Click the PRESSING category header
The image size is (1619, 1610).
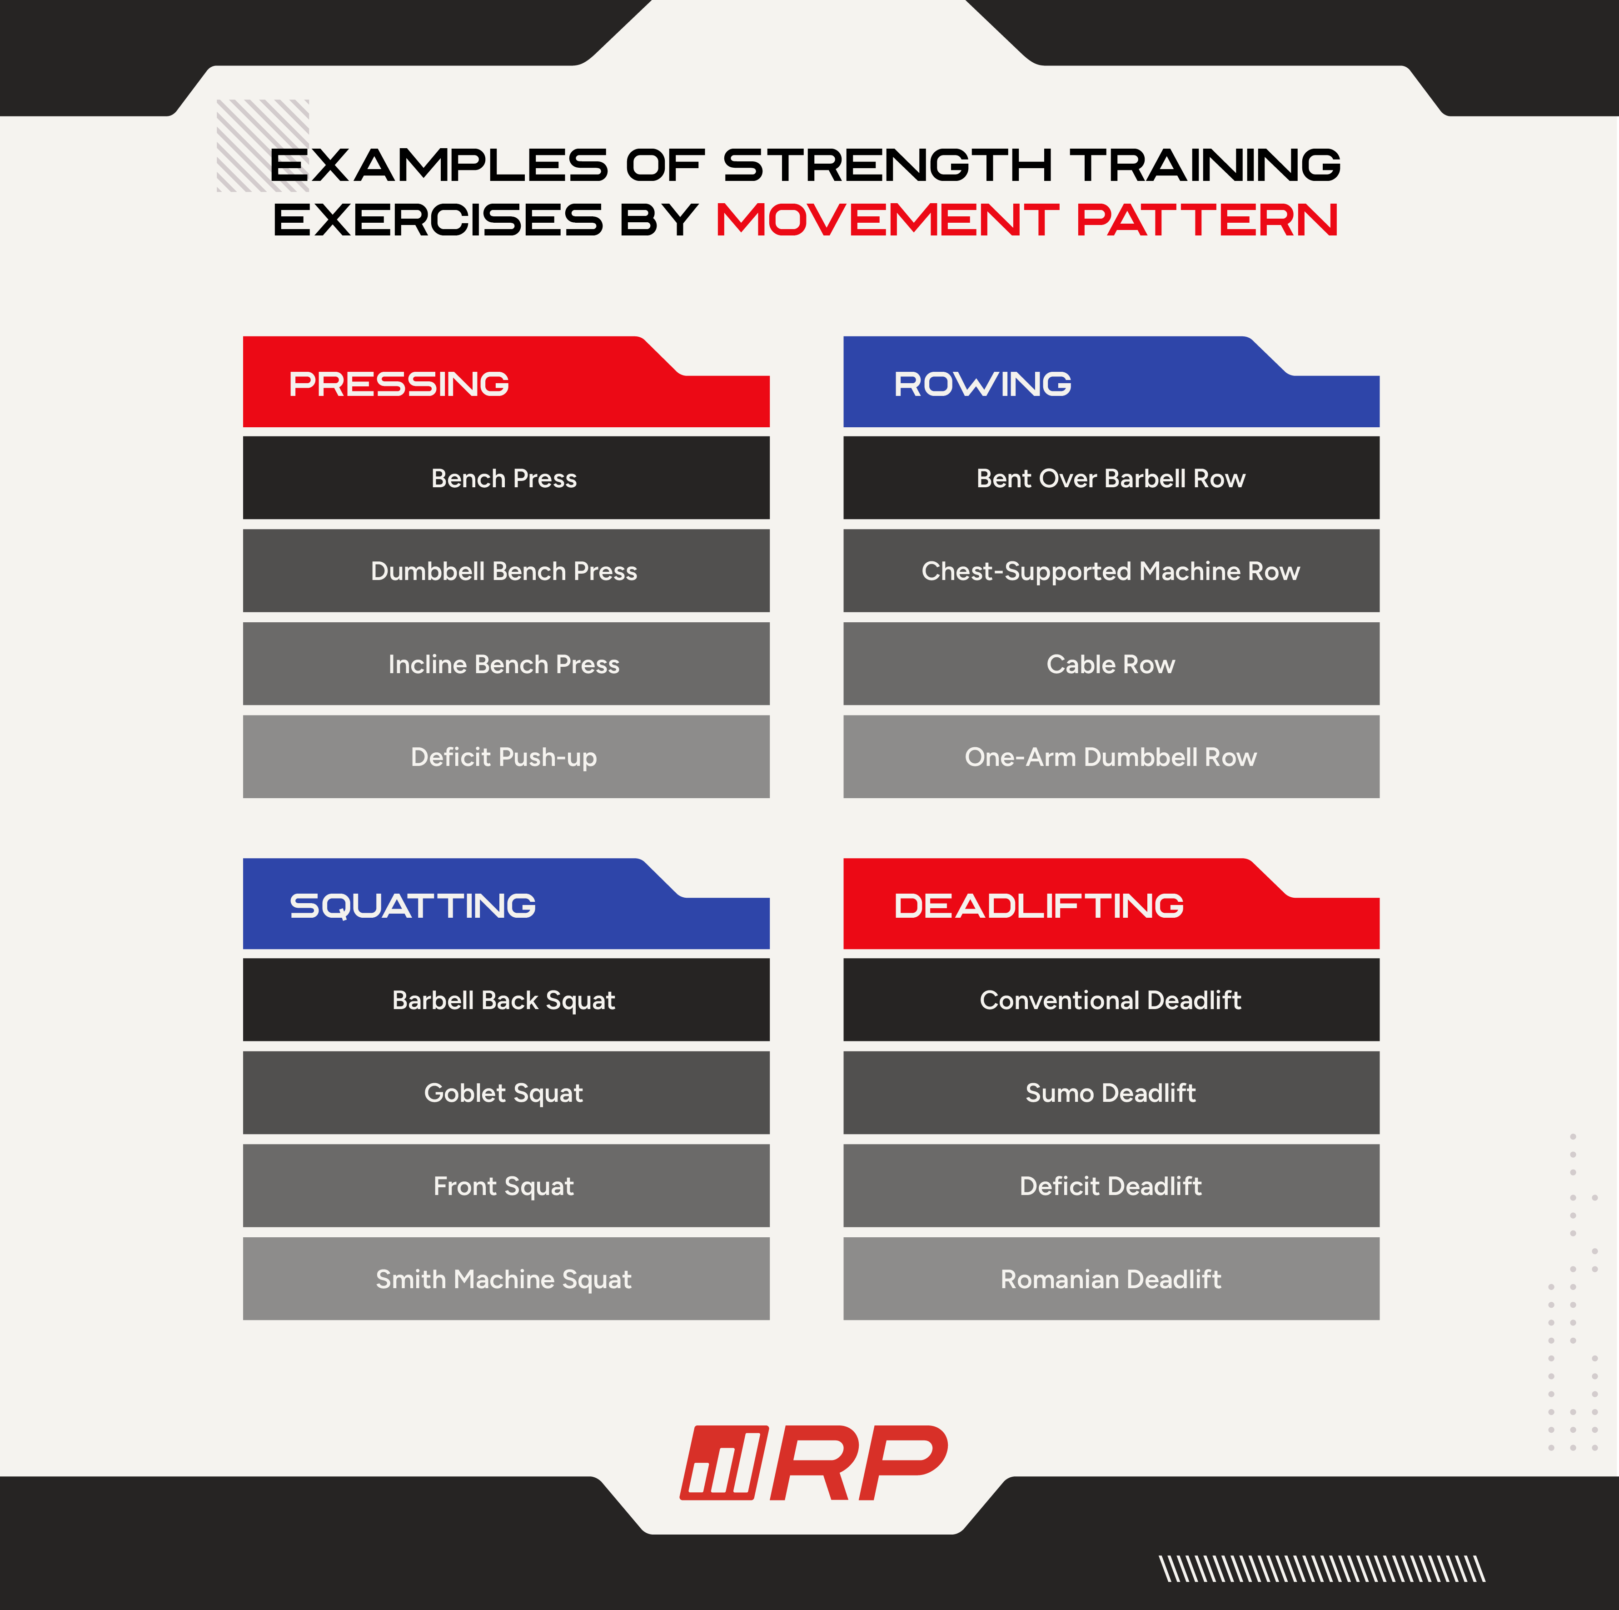tap(506, 382)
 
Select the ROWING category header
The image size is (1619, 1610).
tap(1111, 382)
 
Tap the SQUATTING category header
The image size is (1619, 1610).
tap(506, 904)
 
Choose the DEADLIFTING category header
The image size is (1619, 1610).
tap(1111, 904)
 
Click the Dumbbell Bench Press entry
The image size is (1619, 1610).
tap(506, 571)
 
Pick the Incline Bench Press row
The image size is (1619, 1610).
tap(506, 664)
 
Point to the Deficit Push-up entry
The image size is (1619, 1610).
tap(506, 757)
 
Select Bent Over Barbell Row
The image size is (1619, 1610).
tap(1111, 478)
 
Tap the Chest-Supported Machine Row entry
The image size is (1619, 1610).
tap(1111, 571)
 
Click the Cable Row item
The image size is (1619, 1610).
tap(1111, 664)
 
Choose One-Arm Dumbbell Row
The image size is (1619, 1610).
tap(1111, 757)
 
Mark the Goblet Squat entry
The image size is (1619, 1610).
tap(506, 1093)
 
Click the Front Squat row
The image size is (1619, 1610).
tap(506, 1186)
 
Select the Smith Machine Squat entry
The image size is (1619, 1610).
tap(506, 1279)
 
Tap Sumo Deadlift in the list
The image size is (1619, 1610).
tap(1111, 1093)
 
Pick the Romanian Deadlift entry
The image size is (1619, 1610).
tap(1111, 1279)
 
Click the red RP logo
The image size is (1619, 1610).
tap(814, 1462)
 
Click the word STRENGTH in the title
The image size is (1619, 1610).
tap(887, 165)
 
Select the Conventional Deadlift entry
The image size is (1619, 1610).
tap(1111, 1000)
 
